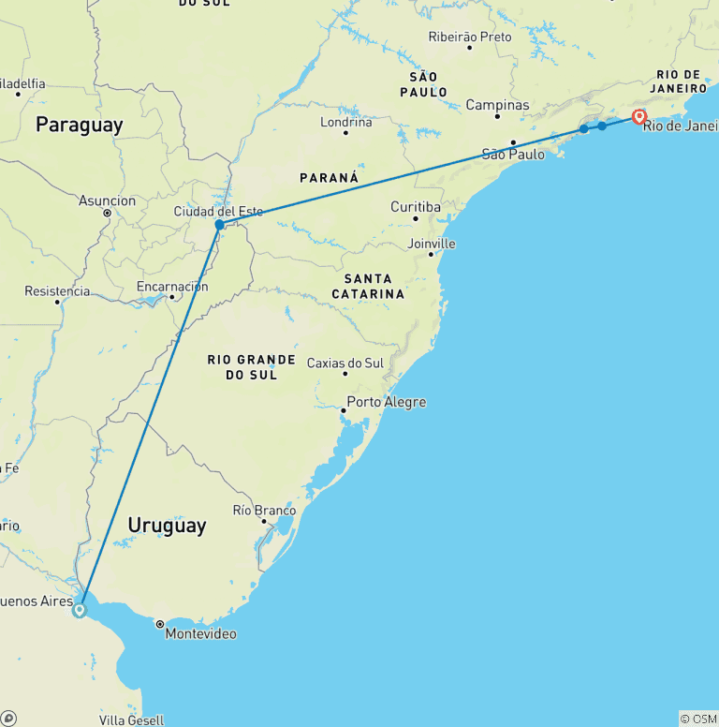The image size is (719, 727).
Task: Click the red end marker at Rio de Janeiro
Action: (x=639, y=117)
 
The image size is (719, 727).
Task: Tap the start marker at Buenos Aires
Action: (x=80, y=609)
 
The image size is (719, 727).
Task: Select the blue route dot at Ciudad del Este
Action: (x=219, y=225)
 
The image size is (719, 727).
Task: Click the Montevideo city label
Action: (x=200, y=634)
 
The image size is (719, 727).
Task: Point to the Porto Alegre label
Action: (x=386, y=402)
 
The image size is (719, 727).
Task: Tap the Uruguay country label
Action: (x=167, y=526)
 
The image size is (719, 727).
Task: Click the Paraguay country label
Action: (x=79, y=125)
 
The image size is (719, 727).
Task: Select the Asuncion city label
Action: (x=107, y=200)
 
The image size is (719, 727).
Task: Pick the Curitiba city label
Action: (x=417, y=206)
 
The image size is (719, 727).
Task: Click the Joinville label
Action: (x=432, y=244)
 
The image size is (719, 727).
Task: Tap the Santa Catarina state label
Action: (x=368, y=286)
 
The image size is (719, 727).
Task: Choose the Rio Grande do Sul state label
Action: (x=251, y=367)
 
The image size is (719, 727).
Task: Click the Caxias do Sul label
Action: (x=345, y=363)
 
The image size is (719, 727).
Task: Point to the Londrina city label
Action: (x=346, y=122)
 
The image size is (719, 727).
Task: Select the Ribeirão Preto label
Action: (x=470, y=37)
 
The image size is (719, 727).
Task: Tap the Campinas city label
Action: (x=497, y=105)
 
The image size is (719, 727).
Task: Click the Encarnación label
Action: (x=172, y=287)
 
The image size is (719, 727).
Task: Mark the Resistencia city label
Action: (x=57, y=291)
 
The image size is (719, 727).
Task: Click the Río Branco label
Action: (x=264, y=511)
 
